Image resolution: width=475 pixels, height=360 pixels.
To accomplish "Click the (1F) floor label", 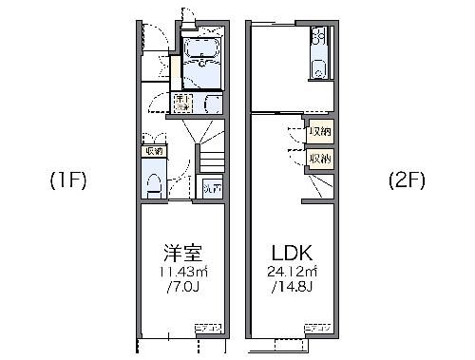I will pos(68,180).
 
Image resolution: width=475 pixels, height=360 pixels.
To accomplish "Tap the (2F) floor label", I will pos(407,180).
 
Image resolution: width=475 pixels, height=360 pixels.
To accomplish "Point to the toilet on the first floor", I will pos(152,180).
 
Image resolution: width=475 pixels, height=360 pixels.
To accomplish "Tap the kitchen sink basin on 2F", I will pos(318,67).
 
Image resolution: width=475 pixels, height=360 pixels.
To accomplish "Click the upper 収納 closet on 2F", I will pos(319,130).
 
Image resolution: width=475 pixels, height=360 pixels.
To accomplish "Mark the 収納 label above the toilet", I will pos(152,150).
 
